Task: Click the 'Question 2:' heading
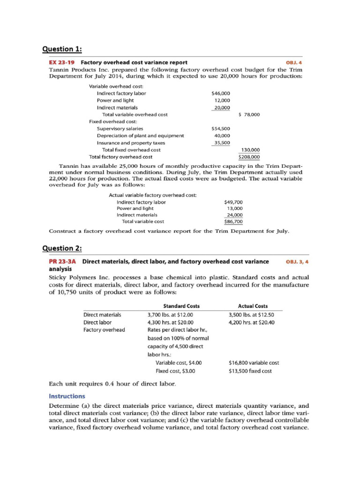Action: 62,248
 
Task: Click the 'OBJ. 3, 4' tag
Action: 296,262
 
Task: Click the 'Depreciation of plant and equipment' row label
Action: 140,135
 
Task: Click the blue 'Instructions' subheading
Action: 67,396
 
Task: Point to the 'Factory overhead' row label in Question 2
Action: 104,330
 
